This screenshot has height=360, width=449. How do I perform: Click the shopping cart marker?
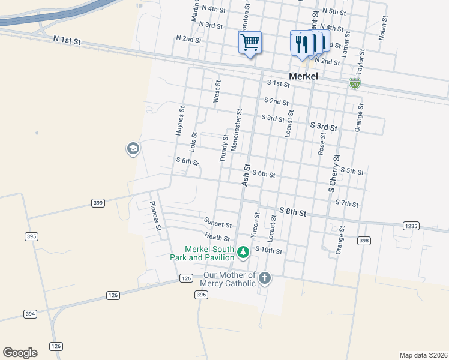250,43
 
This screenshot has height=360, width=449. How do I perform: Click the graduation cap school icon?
133,149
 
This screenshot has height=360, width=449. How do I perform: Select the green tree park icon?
243,252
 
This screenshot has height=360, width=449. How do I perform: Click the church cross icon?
265,278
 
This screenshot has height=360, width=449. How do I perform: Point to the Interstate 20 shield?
355,84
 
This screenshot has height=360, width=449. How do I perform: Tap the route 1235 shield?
411,226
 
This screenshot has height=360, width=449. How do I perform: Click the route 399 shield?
98,203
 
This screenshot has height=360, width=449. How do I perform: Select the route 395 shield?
31,236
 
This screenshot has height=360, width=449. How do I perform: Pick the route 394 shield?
29,314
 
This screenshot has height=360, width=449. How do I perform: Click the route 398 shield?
363,241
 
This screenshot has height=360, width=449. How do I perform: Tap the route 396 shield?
201,295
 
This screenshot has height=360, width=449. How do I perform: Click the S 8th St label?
293,212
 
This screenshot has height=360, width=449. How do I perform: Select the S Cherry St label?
334,173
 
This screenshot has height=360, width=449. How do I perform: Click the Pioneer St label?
155,215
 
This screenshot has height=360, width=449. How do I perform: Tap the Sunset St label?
217,223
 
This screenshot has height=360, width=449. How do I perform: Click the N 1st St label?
67,40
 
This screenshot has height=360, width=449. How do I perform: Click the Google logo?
20,353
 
